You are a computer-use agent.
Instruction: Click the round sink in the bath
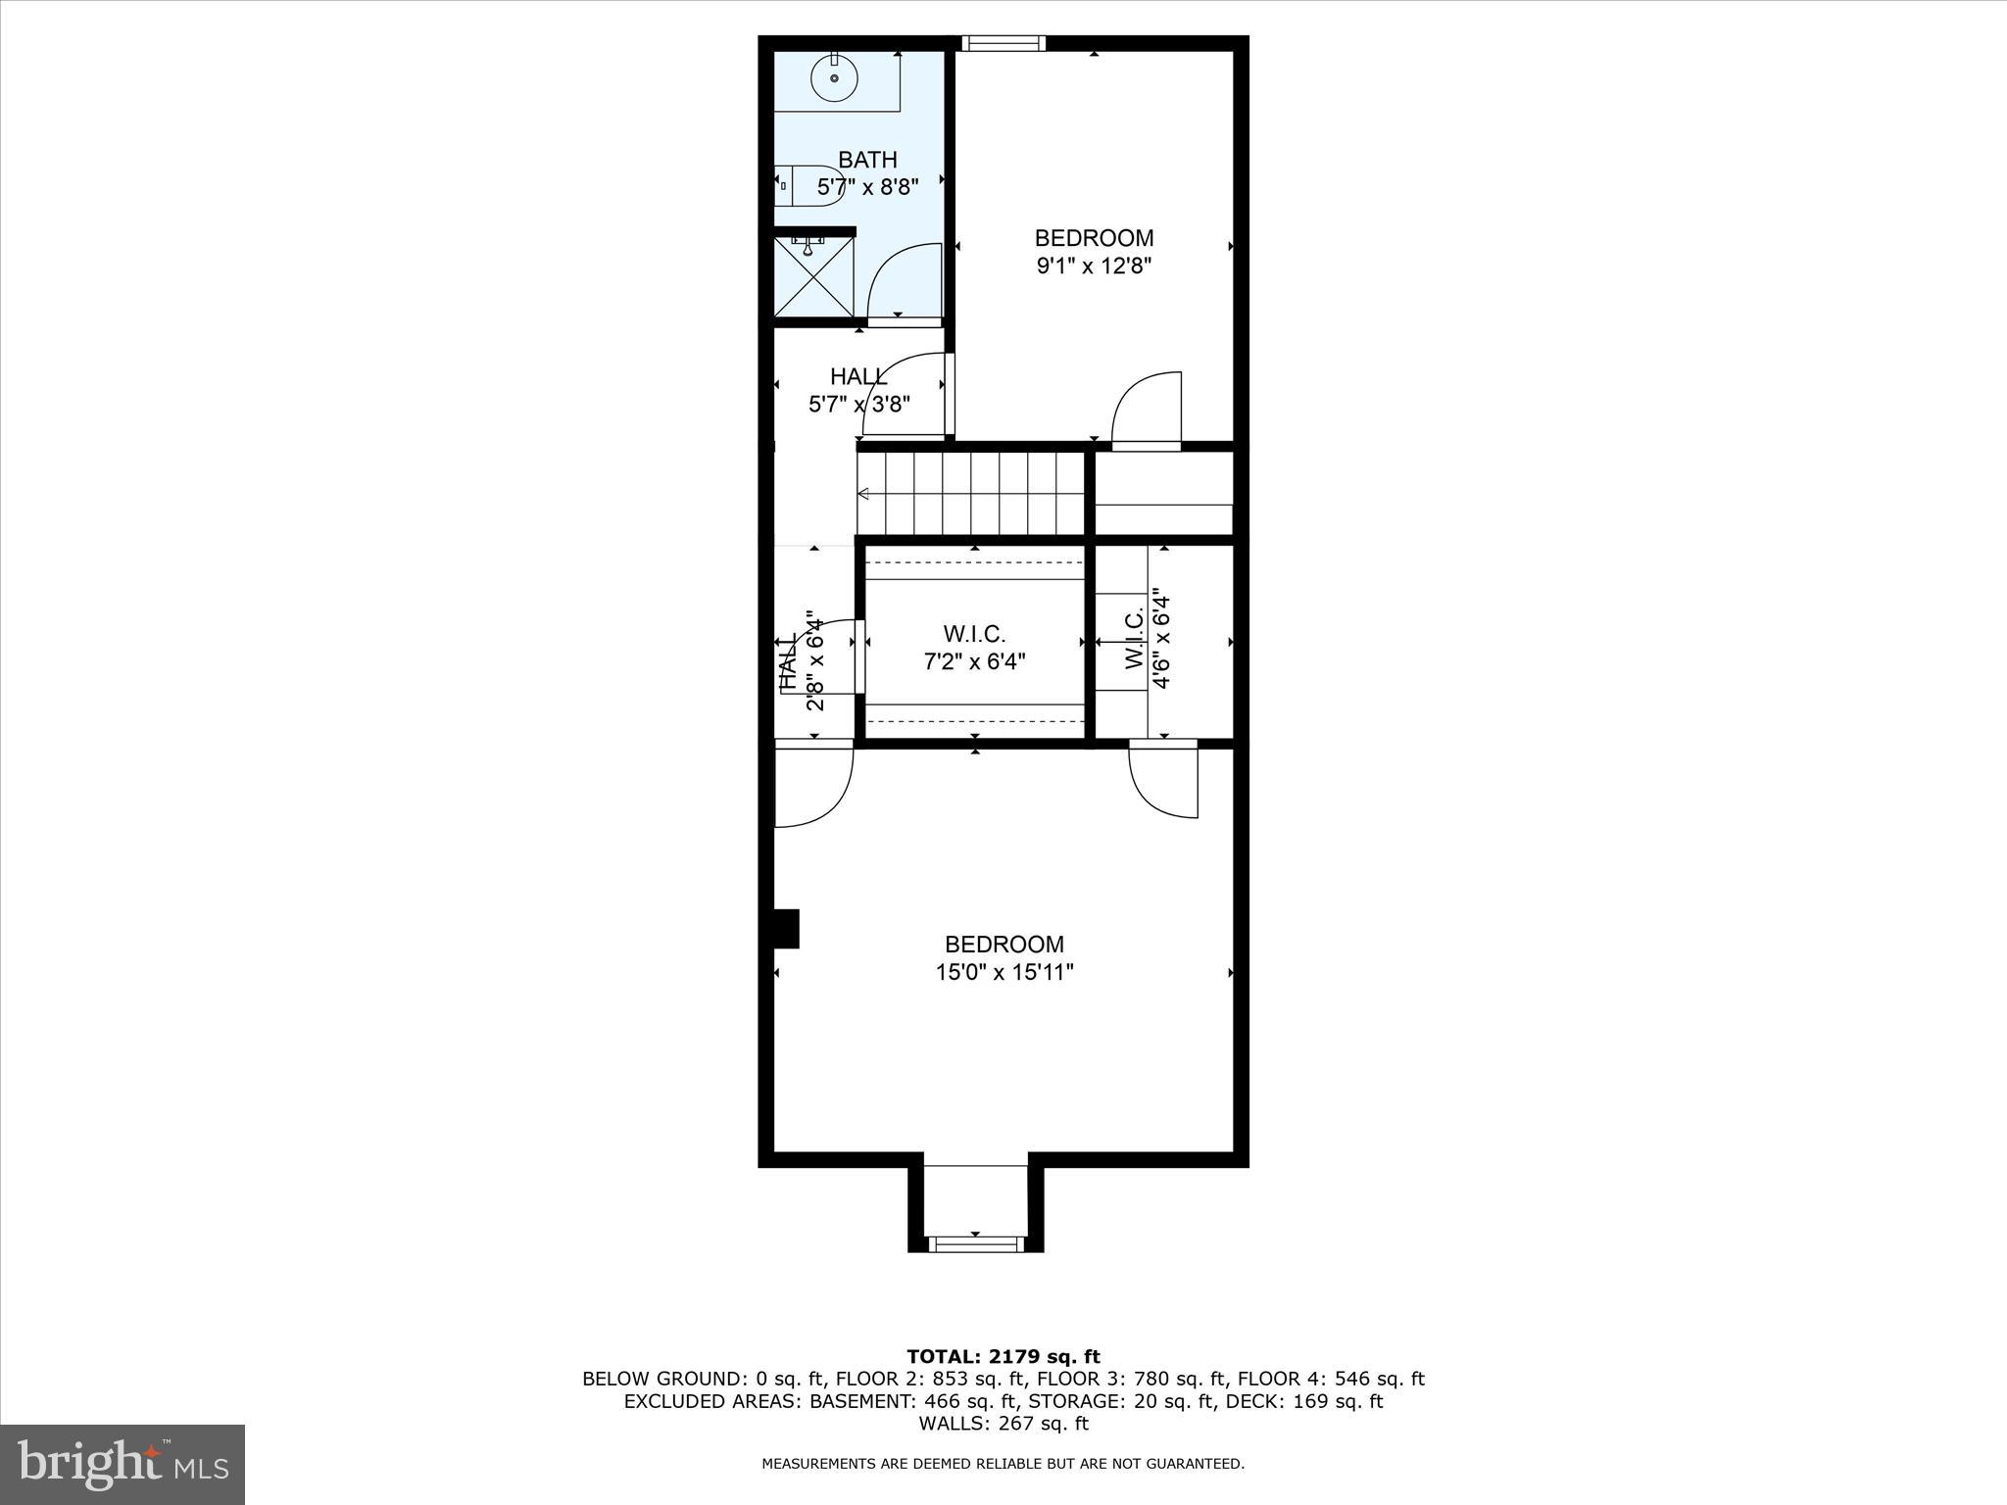tap(834, 77)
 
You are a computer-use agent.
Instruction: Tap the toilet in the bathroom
tap(809, 185)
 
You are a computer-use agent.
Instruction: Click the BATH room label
tap(867, 160)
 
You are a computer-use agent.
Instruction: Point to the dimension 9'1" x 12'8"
tap(1094, 266)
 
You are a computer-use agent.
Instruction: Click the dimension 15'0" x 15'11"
tap(1004, 972)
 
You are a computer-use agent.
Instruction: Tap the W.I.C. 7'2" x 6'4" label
tap(974, 648)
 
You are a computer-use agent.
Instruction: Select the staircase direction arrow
tap(863, 494)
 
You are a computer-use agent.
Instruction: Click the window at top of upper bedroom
tap(1003, 43)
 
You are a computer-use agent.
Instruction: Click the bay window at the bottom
tap(975, 1243)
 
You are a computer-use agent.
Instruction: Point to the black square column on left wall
tap(786, 928)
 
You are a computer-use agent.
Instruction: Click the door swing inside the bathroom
tap(904, 282)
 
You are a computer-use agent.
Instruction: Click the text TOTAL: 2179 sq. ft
tap(1003, 1356)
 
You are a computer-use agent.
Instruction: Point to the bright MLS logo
tap(122, 1464)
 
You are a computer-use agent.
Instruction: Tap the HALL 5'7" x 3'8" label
tap(859, 390)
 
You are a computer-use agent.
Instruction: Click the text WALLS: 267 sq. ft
tap(1003, 1424)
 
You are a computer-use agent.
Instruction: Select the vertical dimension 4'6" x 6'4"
tap(1161, 639)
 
